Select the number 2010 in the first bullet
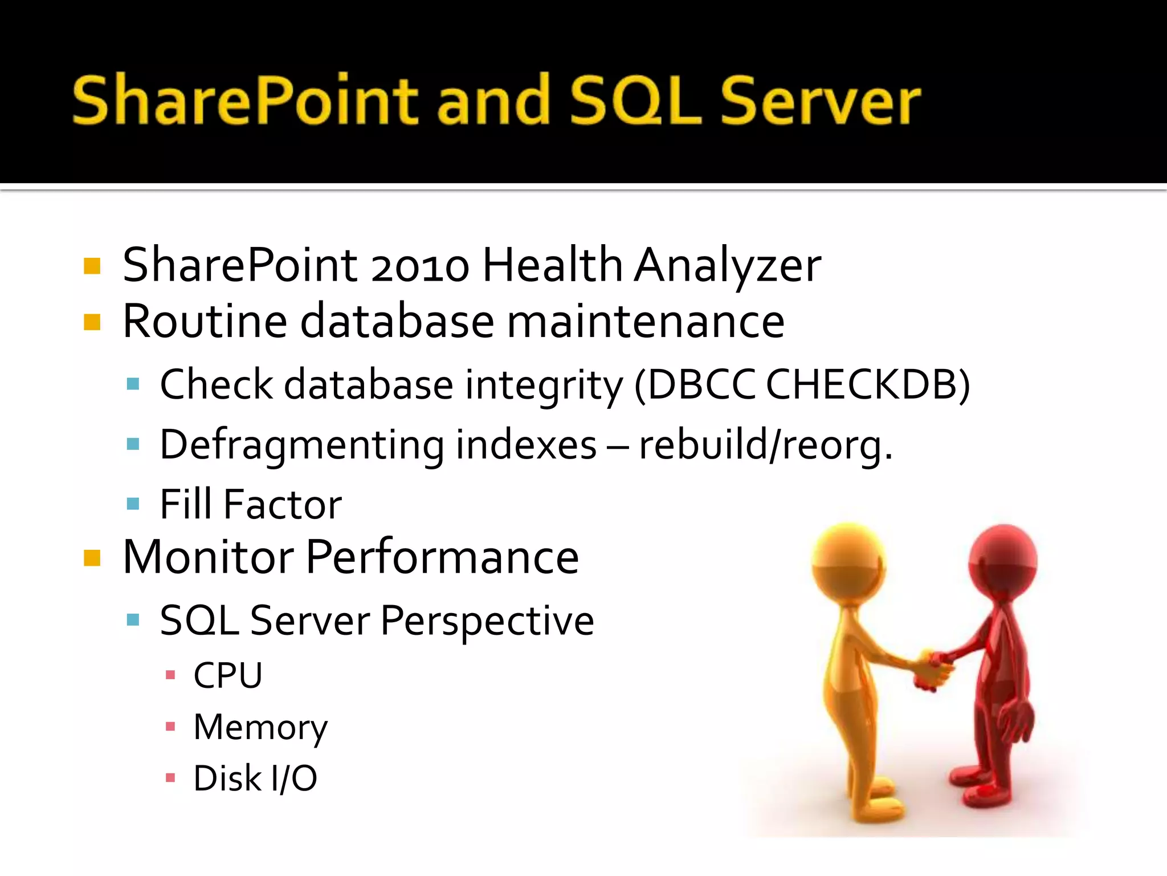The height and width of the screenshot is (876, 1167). [420, 266]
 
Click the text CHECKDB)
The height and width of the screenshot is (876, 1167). [867, 385]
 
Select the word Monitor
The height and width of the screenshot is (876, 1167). [208, 557]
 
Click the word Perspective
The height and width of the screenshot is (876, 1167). [487, 620]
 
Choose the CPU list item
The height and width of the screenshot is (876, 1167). [228, 676]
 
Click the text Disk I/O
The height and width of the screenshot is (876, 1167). [255, 778]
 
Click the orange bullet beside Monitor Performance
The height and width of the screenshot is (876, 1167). [92, 558]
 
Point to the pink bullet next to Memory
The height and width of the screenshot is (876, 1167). [170, 727]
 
